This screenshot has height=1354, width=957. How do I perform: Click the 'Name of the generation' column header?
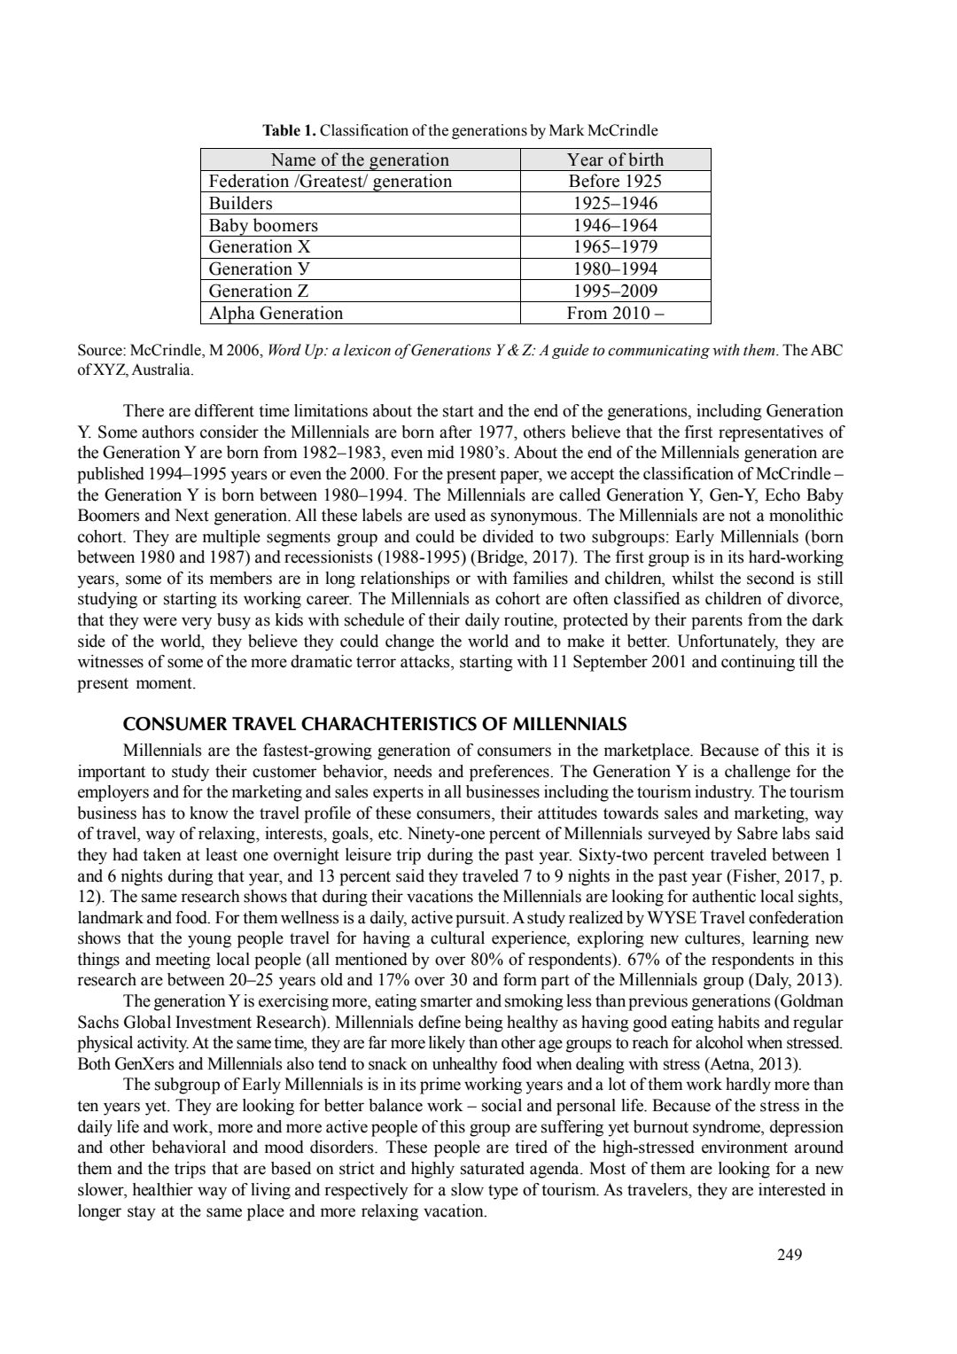point(359,160)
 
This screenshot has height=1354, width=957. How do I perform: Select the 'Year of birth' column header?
point(615,160)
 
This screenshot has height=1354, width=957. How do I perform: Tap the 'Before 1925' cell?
point(615,182)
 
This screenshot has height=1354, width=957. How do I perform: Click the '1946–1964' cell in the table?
point(615,225)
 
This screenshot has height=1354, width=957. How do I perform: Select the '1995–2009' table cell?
point(615,291)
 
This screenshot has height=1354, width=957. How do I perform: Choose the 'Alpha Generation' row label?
point(275,313)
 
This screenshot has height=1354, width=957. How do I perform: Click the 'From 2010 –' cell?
point(615,313)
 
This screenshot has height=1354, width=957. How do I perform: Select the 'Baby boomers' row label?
point(263,225)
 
